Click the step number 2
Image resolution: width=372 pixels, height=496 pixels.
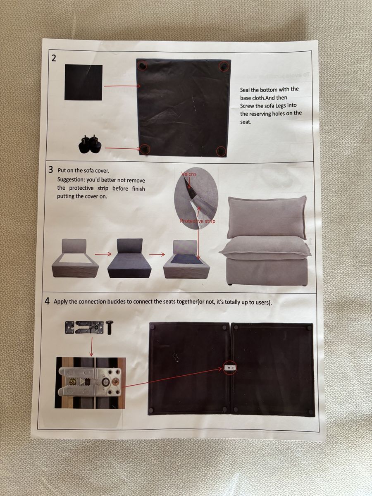pos(54,58)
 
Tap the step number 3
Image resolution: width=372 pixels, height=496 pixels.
pos(51,170)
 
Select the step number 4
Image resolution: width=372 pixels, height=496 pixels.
pos(47,301)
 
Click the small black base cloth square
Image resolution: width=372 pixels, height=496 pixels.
pos(83,82)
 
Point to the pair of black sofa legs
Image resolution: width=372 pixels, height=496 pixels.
pos(90,143)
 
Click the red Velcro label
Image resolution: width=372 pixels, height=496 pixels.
pos(188,174)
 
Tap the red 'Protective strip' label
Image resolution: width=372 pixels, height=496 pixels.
pos(198,221)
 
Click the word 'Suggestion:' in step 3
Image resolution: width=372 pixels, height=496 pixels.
pos(71,180)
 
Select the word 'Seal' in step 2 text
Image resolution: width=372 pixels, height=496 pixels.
pos(245,90)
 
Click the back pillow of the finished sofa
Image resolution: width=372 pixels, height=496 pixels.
pos(267,217)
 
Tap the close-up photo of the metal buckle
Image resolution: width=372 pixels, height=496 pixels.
pos(90,383)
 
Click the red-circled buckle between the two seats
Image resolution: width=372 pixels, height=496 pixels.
pos(230,368)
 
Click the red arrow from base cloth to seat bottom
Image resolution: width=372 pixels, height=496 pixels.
pos(122,86)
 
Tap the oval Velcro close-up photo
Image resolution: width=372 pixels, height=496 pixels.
pos(196,198)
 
